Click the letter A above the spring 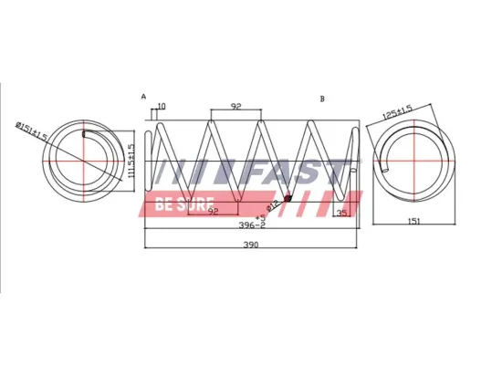[143, 96]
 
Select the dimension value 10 [162, 107]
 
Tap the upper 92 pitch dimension [235, 107]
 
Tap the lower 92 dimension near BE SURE [214, 212]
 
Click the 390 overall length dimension [250, 245]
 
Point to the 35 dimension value [342, 213]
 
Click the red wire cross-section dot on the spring [288, 198]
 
